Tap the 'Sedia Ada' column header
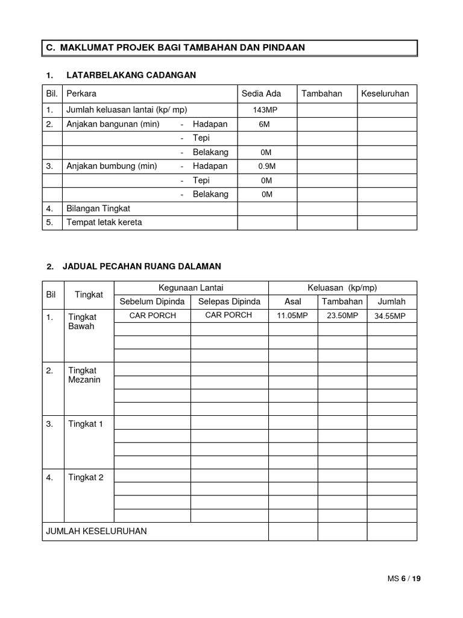coord(261,94)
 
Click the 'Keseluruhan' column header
coord(385,94)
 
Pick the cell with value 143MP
coord(266,110)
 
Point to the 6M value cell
coord(266,124)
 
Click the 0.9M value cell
coord(266,167)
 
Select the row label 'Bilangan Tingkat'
coord(98,209)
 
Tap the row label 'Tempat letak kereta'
coord(104,223)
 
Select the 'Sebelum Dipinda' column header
coord(153,302)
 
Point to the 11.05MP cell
coord(292,316)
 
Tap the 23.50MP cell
coord(342,316)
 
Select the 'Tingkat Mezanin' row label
coord(85,375)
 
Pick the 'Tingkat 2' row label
coord(86,477)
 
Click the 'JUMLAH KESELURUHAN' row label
coord(96,531)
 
